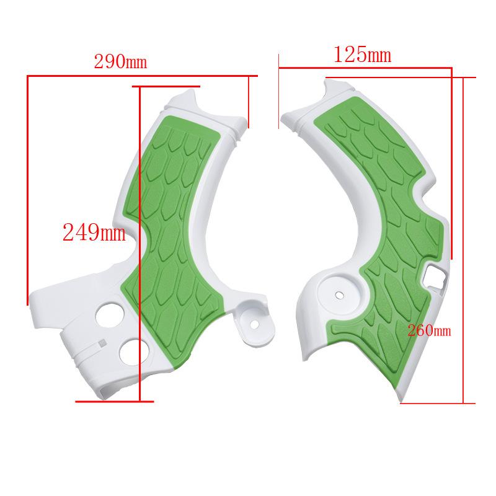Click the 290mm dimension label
click(120, 61)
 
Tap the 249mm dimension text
click(94, 232)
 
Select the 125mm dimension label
click(363, 55)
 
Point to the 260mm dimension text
click(429, 330)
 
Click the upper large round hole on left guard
click(110, 316)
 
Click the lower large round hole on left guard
click(135, 352)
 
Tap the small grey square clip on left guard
click(102, 343)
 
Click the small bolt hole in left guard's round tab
click(254, 324)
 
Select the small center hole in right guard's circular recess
click(339, 295)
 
